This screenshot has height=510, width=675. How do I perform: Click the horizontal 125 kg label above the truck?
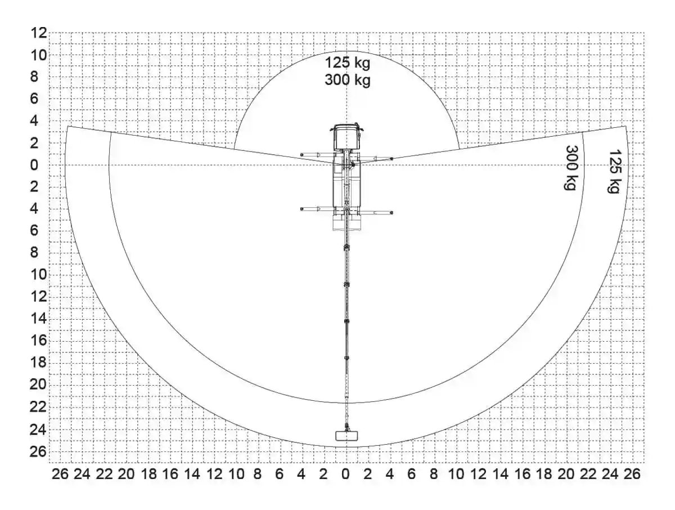(x=348, y=62)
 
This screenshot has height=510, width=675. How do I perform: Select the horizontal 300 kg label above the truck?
(x=348, y=80)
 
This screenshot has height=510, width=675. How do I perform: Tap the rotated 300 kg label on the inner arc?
(x=571, y=168)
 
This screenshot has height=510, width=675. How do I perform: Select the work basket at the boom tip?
(x=346, y=436)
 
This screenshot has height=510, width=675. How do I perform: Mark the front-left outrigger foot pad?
(x=301, y=154)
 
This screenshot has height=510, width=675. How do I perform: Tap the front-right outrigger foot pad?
(x=391, y=159)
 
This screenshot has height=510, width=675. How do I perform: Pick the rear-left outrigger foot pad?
(x=301, y=209)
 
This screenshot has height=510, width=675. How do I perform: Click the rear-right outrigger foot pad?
(x=391, y=213)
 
